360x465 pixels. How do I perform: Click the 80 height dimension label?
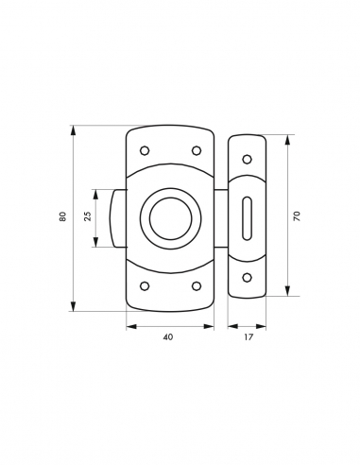coord(62,217)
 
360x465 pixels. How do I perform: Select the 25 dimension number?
coord(88,217)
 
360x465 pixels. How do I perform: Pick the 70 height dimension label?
coord(297,216)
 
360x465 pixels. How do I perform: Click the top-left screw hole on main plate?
coord(145,150)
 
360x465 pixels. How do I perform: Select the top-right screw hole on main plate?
coord(197,150)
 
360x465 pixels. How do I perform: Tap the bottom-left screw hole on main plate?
coord(145,285)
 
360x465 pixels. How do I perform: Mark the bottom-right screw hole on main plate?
coord(197,285)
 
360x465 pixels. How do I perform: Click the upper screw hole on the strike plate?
coord(247,159)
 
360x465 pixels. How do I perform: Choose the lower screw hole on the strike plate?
coord(247,277)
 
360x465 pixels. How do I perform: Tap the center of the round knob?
coord(171,217)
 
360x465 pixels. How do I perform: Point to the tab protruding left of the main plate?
coord(118,217)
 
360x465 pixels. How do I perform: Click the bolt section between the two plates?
coord(221,217)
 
